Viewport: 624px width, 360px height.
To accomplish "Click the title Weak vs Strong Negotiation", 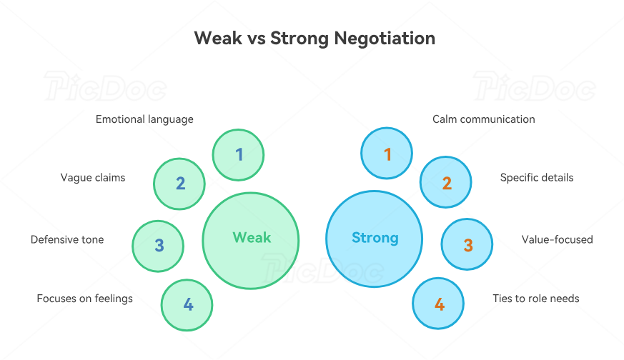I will tap(315, 38).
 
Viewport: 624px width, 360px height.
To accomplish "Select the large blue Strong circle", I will tap(375, 239).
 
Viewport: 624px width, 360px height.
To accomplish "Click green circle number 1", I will tap(239, 154).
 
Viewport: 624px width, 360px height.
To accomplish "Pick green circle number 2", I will tap(180, 184).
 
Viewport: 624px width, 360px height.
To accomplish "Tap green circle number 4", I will tap(187, 305).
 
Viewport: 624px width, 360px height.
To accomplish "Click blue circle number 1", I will tap(387, 154).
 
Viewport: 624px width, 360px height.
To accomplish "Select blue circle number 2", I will tap(446, 184).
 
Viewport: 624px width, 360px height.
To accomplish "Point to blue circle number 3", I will tap(467, 245).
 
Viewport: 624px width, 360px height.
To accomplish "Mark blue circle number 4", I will tap(439, 304).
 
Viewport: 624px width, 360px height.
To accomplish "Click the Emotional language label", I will tap(144, 119).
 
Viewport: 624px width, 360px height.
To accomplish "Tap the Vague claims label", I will tap(93, 177).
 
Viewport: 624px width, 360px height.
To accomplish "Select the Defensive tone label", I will tap(67, 240).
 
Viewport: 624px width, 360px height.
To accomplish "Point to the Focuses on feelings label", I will tap(84, 299).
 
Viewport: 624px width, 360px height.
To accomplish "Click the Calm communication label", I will tap(484, 119).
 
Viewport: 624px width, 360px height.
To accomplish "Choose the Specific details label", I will tap(537, 177).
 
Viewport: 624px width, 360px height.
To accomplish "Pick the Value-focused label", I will tap(558, 240).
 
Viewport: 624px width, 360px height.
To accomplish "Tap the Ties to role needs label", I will tap(536, 299).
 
